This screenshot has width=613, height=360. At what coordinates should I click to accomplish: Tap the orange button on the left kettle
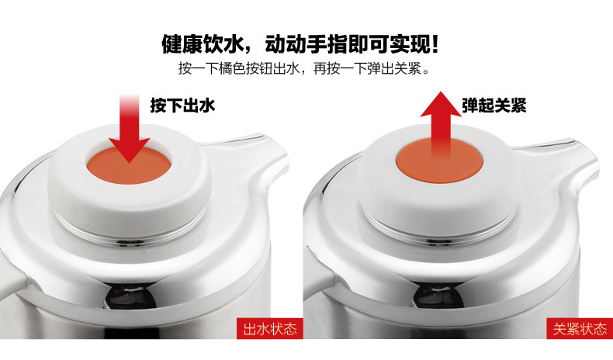click(x=129, y=167)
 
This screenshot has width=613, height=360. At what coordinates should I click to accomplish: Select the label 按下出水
click(x=182, y=106)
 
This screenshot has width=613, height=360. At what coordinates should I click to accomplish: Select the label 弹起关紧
click(x=494, y=106)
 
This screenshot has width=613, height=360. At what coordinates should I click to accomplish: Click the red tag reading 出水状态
click(x=270, y=328)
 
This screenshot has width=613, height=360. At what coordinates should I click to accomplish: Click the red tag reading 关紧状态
click(x=580, y=328)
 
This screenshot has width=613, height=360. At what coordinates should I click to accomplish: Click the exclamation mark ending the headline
click(x=434, y=43)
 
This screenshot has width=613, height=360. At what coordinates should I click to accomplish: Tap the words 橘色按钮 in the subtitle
click(x=245, y=69)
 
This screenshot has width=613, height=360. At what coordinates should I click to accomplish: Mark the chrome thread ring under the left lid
click(x=129, y=234)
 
